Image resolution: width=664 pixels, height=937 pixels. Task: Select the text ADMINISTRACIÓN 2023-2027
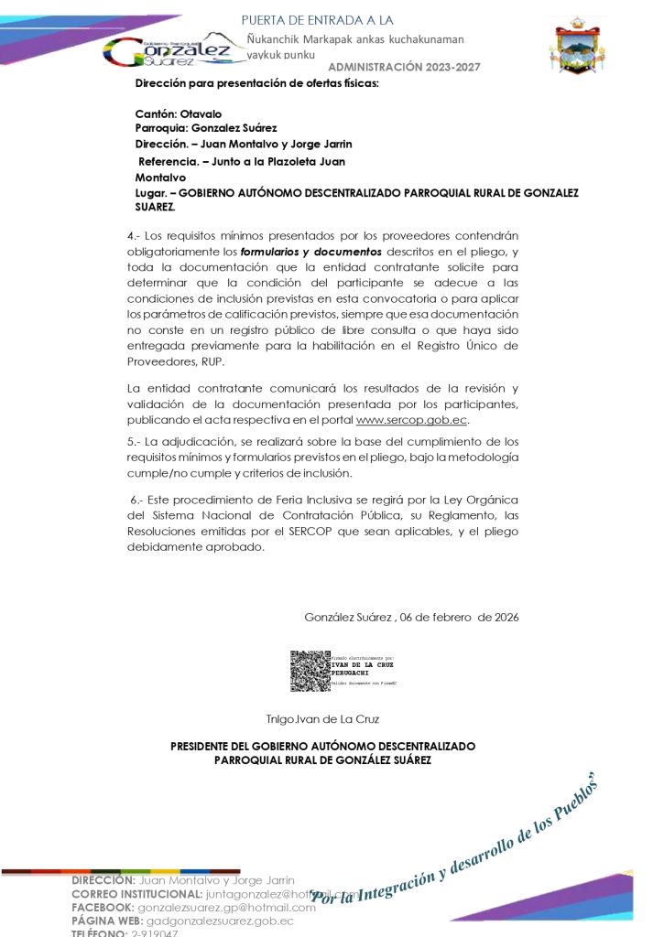pyautogui.click(x=403, y=68)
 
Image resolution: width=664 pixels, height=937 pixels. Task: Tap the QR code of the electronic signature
pyautogui.click(x=310, y=670)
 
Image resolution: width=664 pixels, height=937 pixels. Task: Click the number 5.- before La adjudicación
pyautogui.click(x=135, y=441)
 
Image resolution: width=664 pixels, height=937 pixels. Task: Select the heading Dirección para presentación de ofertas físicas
pyautogui.click(x=256, y=83)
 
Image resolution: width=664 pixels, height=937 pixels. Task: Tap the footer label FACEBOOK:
pyautogui.click(x=103, y=907)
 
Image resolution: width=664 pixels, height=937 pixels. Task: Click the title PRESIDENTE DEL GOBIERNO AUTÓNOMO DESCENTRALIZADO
pyautogui.click(x=322, y=747)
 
